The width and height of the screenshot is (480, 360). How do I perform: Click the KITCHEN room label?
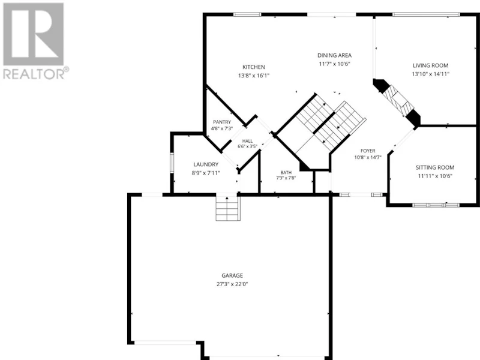pyautogui.click(x=253, y=67)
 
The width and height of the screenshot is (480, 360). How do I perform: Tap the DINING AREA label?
pyautogui.click(x=334, y=55)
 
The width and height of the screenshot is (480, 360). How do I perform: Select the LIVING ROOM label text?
pyautogui.click(x=430, y=65)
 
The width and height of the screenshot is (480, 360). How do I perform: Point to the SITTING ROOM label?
pyautogui.click(x=434, y=167)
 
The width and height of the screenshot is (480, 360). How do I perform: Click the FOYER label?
pyautogui.click(x=368, y=151)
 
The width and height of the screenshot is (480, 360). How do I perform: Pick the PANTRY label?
pyautogui.click(x=222, y=122)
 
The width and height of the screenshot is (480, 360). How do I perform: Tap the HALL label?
pyautogui.click(x=247, y=141)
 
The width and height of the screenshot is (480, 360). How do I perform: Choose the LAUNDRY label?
pyautogui.click(x=206, y=164)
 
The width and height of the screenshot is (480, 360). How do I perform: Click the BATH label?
pyautogui.click(x=286, y=173)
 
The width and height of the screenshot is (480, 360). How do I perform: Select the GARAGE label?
pyautogui.click(x=232, y=275)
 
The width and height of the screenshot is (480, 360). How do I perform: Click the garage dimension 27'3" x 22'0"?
pyautogui.click(x=232, y=284)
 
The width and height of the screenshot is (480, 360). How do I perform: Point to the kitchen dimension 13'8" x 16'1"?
pyautogui.click(x=253, y=76)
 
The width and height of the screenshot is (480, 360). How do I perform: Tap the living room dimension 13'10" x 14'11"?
pyautogui.click(x=430, y=74)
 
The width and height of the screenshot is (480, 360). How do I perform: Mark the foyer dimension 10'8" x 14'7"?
pyautogui.click(x=368, y=158)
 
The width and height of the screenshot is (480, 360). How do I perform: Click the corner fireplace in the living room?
pyautogui.click(x=397, y=103)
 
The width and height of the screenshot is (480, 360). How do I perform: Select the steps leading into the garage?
pyautogui.click(x=227, y=208)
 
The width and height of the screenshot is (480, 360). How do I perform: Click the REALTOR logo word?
pyautogui.click(x=34, y=74)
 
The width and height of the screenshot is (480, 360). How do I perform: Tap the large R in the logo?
pyautogui.click(x=34, y=34)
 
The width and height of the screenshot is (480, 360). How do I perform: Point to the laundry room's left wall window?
pyautogui.click(x=172, y=163)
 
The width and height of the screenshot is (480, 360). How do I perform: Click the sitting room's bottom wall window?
pyautogui.click(x=436, y=205)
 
